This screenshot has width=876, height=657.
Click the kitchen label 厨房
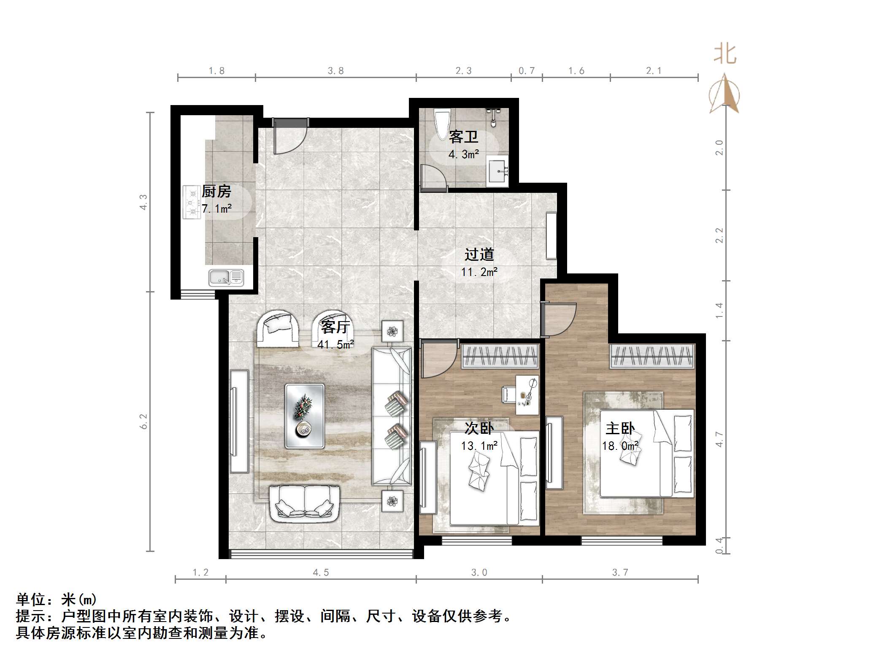pos(216,192)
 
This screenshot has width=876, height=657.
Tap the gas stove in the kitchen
pos(192,202)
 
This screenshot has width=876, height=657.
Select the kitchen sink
pos(226,278)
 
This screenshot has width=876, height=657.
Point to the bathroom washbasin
pos(498,171)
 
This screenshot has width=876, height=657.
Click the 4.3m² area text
pos(463,154)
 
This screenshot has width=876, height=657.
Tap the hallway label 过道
pos(479,254)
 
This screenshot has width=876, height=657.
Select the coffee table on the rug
pos(305,416)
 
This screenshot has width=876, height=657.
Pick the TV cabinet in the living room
pos(239,421)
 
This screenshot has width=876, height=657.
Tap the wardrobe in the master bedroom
pos(652,356)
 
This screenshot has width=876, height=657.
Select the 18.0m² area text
pos(619,446)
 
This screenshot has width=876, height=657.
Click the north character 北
pos(725,55)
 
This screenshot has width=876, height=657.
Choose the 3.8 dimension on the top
pos(335,71)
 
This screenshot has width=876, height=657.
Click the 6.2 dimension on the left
pos(144,421)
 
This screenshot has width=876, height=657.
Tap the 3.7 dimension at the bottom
pos(620,572)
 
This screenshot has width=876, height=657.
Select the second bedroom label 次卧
pos(479,428)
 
